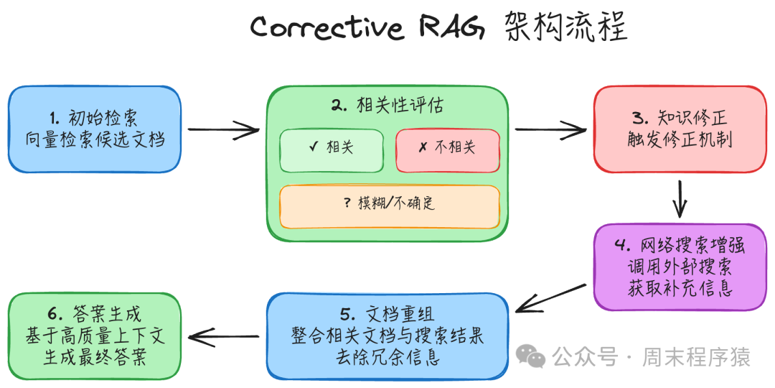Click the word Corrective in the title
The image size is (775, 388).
click(x=327, y=28)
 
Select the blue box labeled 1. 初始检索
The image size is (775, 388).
click(x=95, y=129)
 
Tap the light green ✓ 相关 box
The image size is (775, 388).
click(x=331, y=150)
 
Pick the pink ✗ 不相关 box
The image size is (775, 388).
click(x=447, y=150)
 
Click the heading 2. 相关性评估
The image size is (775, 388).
click(x=387, y=105)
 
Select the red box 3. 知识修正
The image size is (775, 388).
click(x=679, y=129)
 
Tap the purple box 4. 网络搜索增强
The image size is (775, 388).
click(x=680, y=267)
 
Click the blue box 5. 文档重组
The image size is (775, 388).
click(x=387, y=336)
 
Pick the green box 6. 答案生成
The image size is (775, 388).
click(x=95, y=336)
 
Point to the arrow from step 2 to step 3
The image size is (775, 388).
click(x=550, y=130)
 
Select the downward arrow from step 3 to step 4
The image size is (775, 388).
click(x=679, y=198)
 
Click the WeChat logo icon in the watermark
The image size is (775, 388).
click(x=532, y=356)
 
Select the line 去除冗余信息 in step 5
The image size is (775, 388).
click(x=387, y=357)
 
